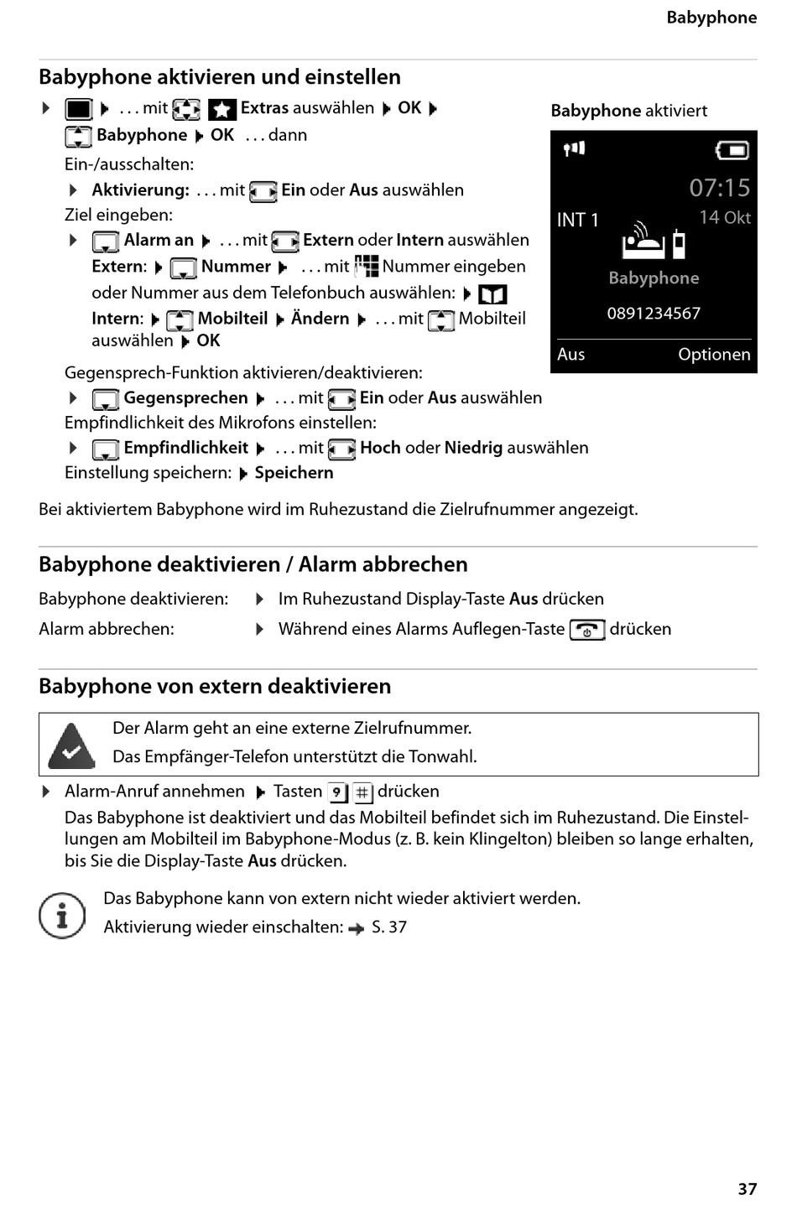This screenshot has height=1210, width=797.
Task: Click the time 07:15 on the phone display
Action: coord(719,188)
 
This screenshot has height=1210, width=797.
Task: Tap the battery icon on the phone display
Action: coord(732,150)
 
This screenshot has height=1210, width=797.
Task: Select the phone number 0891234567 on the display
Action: coord(654,314)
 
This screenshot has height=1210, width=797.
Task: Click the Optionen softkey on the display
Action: coord(714,354)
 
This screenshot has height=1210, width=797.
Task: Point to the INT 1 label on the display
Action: coord(578,220)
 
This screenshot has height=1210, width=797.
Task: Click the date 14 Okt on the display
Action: coord(725,217)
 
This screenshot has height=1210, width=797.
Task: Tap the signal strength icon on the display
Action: coord(574,149)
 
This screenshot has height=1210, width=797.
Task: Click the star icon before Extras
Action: coord(222,110)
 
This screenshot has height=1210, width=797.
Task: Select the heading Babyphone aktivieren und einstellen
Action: coord(220,77)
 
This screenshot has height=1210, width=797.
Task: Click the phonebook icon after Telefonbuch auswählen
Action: coord(492,294)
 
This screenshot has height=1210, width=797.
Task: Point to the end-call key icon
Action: coord(586,630)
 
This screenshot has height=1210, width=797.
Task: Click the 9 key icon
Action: coord(336,792)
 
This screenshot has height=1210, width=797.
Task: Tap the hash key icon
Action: coord(362,792)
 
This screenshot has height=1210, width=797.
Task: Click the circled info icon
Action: coord(62,915)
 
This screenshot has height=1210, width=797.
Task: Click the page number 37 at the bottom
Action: coord(747,1188)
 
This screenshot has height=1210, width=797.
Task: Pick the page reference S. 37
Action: coord(389,927)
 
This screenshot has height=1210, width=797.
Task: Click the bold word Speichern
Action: coord(294,473)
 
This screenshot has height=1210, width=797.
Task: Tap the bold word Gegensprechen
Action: coord(185,397)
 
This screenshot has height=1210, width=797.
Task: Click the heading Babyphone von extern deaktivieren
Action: coord(215,686)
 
